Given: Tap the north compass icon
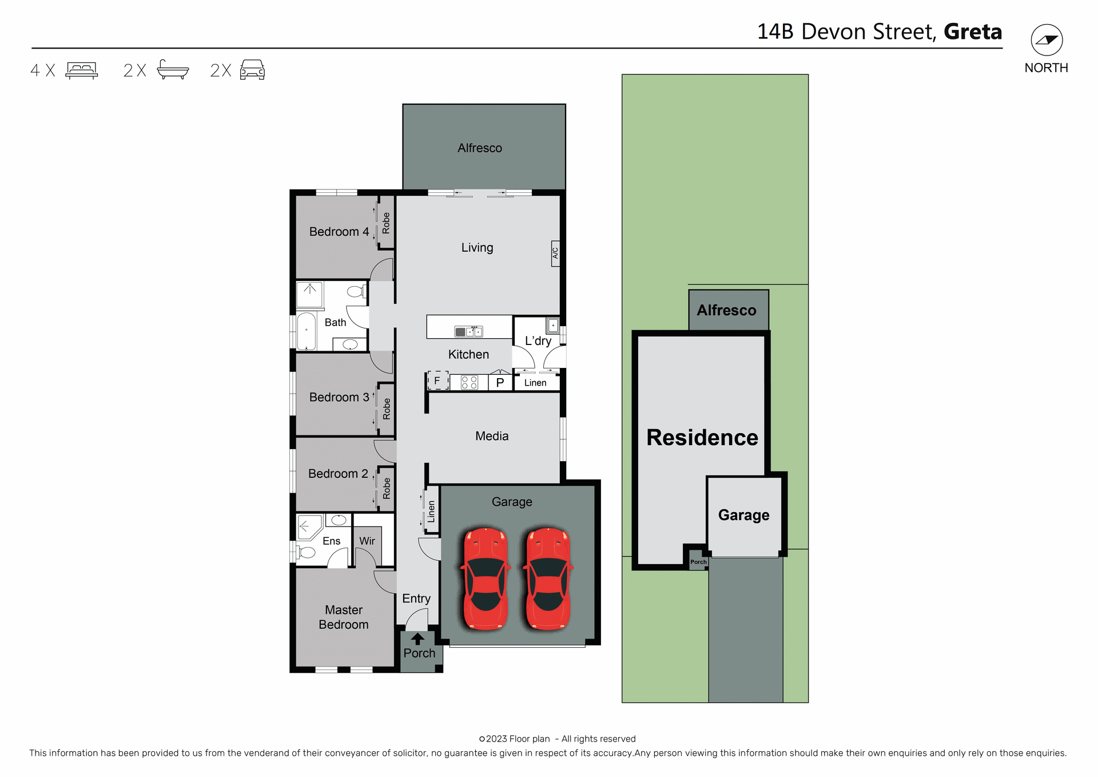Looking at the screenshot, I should (x=1047, y=40).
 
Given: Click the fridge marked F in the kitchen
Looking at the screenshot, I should (x=437, y=380).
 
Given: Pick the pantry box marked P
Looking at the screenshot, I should (x=500, y=382).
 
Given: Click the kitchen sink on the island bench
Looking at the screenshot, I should (x=468, y=331).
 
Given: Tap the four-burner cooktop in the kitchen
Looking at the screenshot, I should (x=469, y=382).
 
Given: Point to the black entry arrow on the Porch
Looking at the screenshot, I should (x=417, y=639).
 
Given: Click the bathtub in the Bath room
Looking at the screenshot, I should (x=307, y=331).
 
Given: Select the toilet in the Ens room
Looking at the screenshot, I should (x=306, y=552).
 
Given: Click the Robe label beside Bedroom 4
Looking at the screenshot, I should (x=386, y=223).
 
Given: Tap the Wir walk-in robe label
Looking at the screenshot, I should (x=367, y=541).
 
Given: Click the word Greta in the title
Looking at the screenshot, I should (x=972, y=31).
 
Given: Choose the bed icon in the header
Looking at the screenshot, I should (x=82, y=70).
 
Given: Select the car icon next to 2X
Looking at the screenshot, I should (x=252, y=70).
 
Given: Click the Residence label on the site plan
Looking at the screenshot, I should (x=702, y=437).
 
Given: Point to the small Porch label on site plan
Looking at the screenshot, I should (x=698, y=562).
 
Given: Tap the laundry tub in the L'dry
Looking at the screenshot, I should (x=552, y=326).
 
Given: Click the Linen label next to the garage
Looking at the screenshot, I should (x=431, y=511).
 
